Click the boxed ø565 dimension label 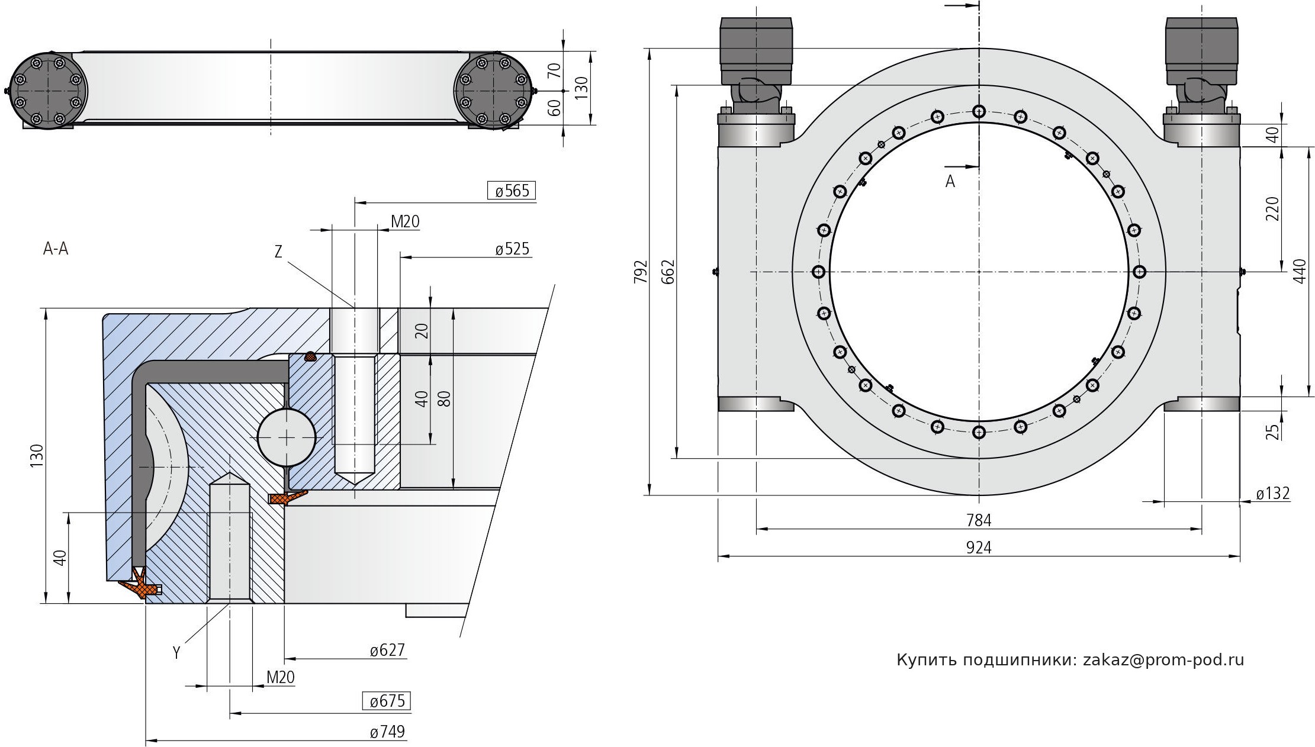512,191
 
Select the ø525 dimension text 512,249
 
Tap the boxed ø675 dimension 387,701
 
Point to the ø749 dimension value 387,732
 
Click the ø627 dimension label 387,651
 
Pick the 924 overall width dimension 979,548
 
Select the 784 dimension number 979,520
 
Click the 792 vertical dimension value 641,272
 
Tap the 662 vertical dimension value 667,272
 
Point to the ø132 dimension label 1272,493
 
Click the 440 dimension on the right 1300,272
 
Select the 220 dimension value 1272,208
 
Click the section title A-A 56,249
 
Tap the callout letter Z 278,252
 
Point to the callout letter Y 176,653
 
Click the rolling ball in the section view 287,437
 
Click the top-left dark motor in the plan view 756,50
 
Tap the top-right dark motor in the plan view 1201,50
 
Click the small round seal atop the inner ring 309,356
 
